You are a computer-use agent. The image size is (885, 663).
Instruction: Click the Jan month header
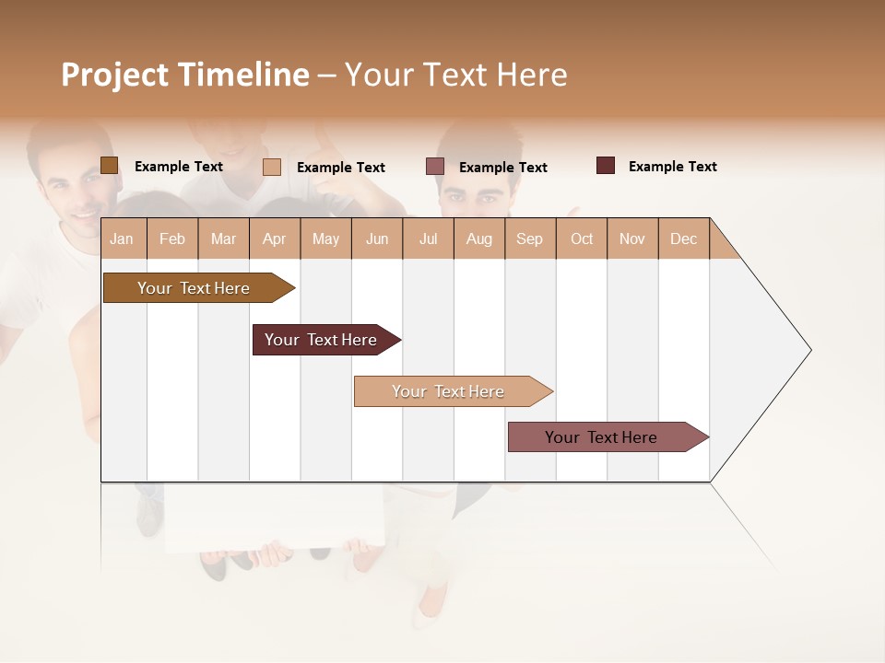pos(122,238)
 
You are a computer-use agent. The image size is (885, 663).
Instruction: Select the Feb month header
pos(172,238)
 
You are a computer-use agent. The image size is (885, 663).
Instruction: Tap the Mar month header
pos(223,238)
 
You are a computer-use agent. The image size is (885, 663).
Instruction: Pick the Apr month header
pos(275,238)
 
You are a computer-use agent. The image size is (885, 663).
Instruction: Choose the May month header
pos(325,238)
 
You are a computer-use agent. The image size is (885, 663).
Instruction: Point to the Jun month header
pos(377,238)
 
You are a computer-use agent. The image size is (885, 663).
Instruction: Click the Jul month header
pos(428,238)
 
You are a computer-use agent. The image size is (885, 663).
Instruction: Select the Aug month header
pos(479,238)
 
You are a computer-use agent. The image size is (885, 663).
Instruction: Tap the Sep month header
pos(530,238)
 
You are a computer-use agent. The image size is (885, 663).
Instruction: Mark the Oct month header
pos(582,238)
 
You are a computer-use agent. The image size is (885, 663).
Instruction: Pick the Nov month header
pos(632,238)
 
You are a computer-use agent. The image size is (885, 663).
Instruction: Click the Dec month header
pos(683,238)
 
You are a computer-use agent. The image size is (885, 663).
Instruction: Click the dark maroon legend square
pos(606,166)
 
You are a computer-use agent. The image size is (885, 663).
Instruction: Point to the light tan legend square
pos(272,167)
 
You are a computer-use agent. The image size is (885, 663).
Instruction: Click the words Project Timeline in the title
pos(185,75)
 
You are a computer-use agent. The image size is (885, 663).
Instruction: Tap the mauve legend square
pos(435,167)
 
